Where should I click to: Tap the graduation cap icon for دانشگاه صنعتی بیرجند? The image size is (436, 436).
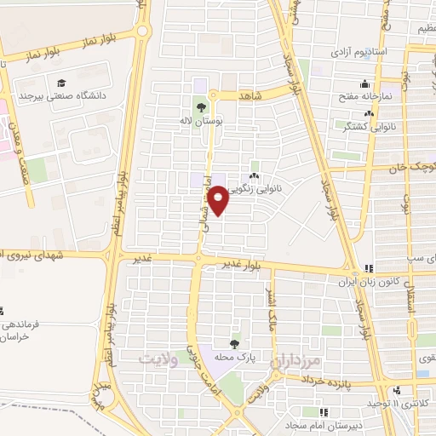[x=61, y=83]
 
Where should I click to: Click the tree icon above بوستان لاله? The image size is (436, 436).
[x=201, y=107]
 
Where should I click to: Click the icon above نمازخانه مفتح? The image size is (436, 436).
[x=365, y=83]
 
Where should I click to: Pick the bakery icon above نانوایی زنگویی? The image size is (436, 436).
[x=254, y=175]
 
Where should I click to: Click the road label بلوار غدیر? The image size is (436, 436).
[x=239, y=265]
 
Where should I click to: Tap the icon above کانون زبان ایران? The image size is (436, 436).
[x=369, y=267]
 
